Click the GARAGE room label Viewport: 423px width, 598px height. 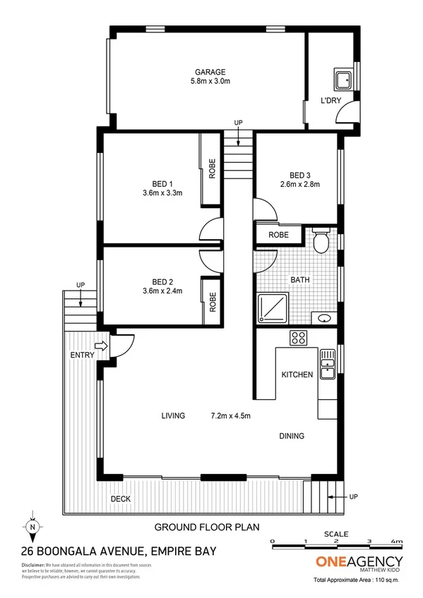pos(210,72)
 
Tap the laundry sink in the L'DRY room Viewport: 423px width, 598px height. pos(343,78)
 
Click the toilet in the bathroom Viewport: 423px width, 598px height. pos(321,240)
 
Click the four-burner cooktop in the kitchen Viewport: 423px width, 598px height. pos(299,338)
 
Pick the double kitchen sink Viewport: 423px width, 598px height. pos(327,363)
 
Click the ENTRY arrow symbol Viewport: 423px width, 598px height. pos(100,346)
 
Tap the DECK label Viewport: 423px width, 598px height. pos(120,499)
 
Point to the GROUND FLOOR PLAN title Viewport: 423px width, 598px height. pos(207,527)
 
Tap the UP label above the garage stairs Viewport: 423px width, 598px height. pos(239,123)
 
